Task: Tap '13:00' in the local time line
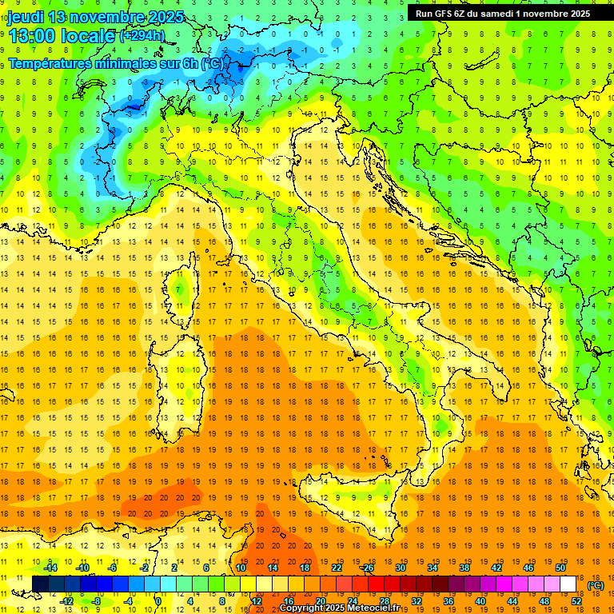point(32,36)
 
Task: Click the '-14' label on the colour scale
point(54,568)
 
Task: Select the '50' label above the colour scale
point(560,568)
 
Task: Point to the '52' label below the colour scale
point(576,601)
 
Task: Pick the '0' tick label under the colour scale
point(158,601)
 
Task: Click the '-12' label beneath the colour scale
point(67,601)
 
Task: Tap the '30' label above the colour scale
point(400,568)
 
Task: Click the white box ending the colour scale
point(568,584)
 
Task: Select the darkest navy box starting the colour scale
point(40,584)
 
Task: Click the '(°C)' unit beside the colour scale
point(596,584)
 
